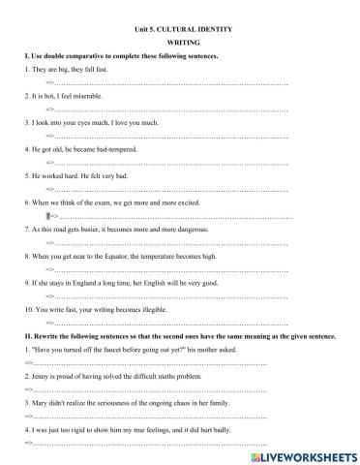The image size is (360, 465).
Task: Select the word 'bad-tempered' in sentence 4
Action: point(118,150)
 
